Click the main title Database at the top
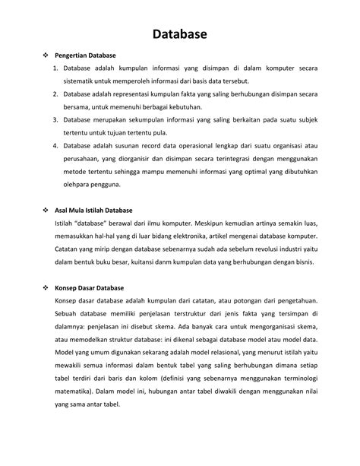[179, 33]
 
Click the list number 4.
[57, 144]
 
